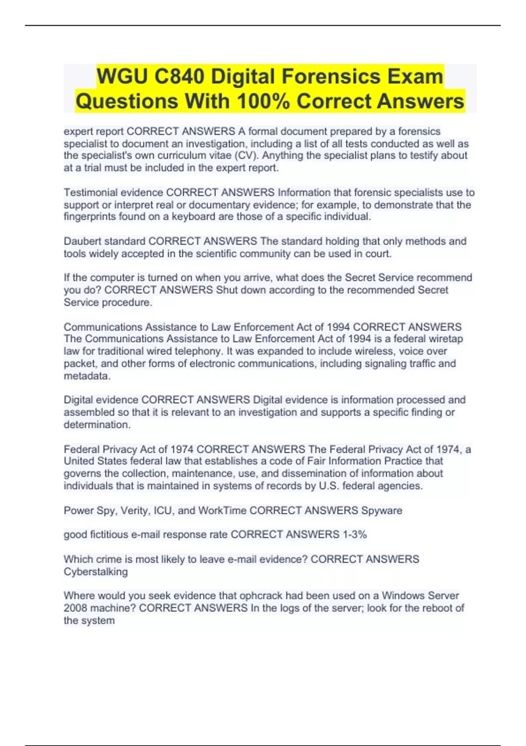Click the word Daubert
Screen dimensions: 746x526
tap(82, 241)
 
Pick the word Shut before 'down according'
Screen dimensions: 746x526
tap(226, 290)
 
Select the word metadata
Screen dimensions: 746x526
tap(87, 376)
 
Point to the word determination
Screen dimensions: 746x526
tap(96, 425)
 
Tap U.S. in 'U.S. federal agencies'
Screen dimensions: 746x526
tap(329, 486)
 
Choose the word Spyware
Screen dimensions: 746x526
tap(381, 510)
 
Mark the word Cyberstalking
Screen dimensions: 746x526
tap(96, 572)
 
